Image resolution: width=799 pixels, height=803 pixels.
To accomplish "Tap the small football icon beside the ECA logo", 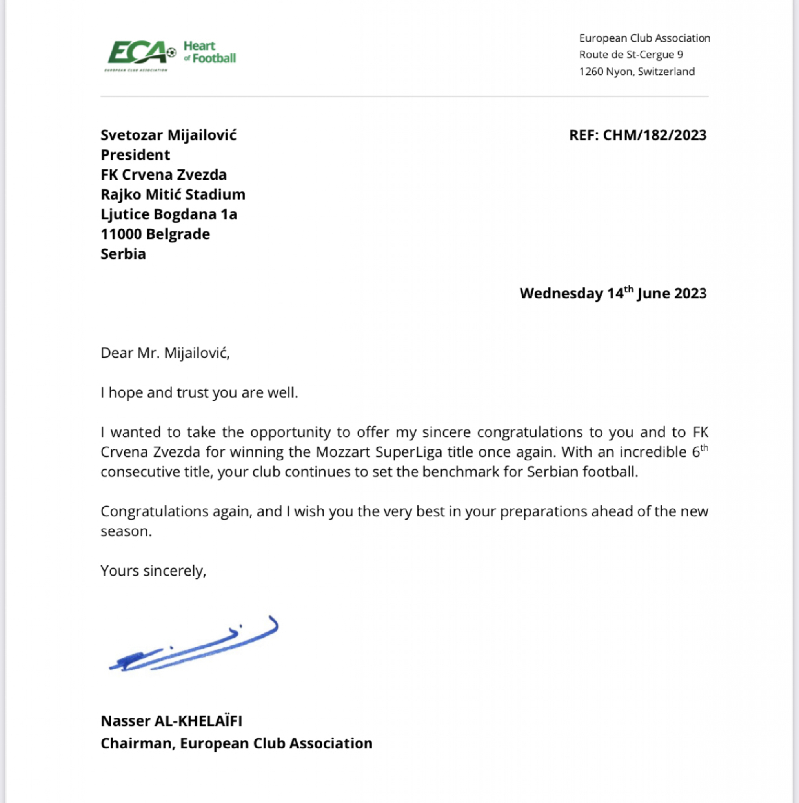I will point(171,53).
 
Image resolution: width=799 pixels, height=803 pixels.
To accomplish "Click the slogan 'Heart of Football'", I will point(209,52).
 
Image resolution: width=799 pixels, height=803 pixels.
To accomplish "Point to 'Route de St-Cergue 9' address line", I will point(631,55).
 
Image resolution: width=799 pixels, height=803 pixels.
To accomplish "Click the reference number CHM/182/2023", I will point(654,135).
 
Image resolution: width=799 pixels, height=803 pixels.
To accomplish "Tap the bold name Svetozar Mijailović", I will point(168,135).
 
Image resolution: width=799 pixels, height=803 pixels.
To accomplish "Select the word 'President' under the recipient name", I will point(135,155).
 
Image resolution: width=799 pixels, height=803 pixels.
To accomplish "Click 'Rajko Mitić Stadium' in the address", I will point(173,194).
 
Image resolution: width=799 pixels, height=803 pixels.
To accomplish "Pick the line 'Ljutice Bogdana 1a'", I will point(169,214).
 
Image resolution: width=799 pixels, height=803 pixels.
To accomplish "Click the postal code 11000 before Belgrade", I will point(121,234).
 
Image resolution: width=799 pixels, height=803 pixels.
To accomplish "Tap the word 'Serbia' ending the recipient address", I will point(123,254).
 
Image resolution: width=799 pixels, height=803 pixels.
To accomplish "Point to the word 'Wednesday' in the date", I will point(561,293).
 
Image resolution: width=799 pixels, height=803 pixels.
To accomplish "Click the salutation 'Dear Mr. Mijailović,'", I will point(165,353).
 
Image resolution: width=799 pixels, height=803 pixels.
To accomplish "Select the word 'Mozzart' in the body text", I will point(342,452).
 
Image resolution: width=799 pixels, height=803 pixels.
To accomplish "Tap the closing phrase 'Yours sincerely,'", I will point(153,570).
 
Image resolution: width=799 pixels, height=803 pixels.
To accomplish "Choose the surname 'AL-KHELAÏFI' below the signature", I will point(198,721).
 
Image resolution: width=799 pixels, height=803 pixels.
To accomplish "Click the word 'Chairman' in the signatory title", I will point(137,743).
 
